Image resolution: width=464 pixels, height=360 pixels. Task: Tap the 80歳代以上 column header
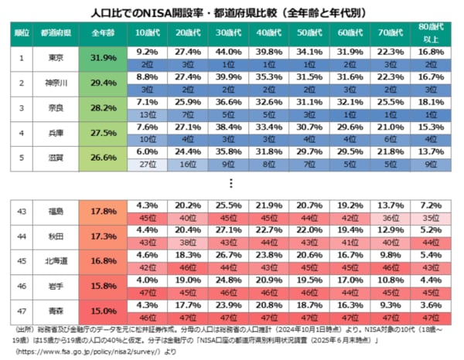click(x=430, y=34)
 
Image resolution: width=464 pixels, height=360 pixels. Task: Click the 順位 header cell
click(x=22, y=34)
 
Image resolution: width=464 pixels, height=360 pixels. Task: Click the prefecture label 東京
click(x=55, y=58)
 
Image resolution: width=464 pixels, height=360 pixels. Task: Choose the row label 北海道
click(x=55, y=260)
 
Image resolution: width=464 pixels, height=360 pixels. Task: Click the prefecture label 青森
click(x=55, y=311)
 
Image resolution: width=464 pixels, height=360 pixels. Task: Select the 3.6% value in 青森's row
click(x=430, y=305)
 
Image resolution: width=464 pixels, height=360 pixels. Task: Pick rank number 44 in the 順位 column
click(x=22, y=236)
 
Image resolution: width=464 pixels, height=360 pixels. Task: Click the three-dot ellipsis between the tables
click(x=232, y=182)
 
